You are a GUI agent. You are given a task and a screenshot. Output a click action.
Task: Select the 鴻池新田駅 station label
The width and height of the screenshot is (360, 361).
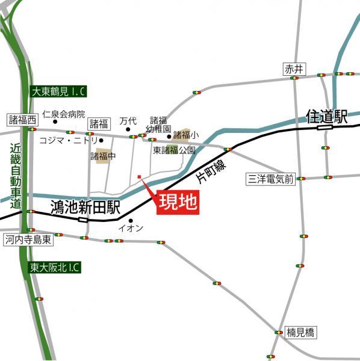click(85, 208)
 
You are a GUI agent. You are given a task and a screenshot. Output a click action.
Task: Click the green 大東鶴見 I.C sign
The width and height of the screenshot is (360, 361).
click(58, 91)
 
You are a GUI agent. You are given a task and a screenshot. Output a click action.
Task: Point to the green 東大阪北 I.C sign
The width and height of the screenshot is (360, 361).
click(55, 267)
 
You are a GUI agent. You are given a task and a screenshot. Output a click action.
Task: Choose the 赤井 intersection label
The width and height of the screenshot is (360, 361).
click(292, 69)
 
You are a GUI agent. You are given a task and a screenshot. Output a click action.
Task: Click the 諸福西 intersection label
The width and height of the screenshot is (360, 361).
click(22, 119)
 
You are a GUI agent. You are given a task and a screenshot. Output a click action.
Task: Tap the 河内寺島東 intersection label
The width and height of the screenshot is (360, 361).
click(28, 239)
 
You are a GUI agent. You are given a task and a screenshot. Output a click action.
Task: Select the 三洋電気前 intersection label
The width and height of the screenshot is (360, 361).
click(270, 178)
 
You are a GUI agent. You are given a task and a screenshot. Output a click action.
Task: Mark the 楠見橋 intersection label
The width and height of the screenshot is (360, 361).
click(300, 332)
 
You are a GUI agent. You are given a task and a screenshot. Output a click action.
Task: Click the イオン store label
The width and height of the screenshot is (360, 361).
click(131, 228)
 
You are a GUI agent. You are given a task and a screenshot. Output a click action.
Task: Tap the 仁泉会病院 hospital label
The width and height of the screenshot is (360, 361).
click(64, 114)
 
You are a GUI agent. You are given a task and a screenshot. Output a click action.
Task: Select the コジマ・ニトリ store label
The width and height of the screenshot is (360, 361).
click(69, 140)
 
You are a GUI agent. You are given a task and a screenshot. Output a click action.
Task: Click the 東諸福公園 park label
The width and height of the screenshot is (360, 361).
click(175, 150)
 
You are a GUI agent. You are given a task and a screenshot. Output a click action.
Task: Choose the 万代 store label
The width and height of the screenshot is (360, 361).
click(128, 121)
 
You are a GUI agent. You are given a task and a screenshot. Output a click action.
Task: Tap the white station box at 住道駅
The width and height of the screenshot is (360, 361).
click(324, 127)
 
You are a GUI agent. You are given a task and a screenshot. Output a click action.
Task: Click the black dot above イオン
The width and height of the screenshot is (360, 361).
click(131, 220)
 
